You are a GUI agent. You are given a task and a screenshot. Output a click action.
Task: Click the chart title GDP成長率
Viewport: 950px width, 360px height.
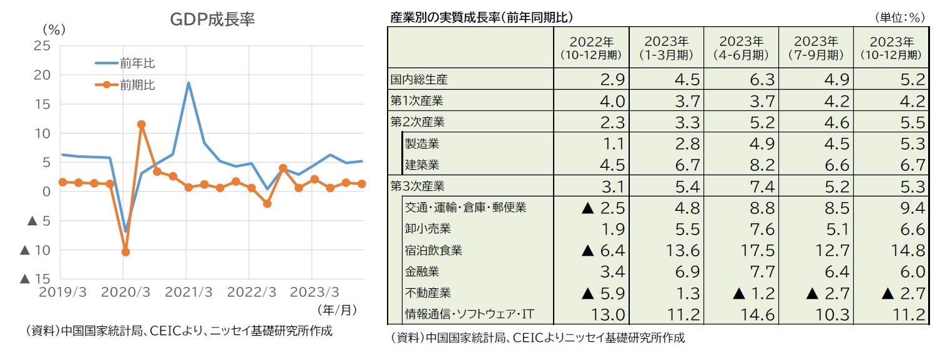212,20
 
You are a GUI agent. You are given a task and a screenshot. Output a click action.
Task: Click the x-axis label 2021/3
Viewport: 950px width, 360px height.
189,293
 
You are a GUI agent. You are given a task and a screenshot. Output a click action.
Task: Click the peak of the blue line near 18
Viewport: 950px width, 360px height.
189,83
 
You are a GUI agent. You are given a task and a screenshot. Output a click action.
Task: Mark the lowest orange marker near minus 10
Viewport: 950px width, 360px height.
125,252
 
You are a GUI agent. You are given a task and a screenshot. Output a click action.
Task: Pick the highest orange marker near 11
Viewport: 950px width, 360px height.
142,124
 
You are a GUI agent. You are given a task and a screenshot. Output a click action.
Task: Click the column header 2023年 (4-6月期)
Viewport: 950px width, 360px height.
741,47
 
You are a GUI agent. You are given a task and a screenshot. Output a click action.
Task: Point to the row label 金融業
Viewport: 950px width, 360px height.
423,272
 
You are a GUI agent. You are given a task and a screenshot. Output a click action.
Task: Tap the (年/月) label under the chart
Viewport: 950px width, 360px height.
337,310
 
